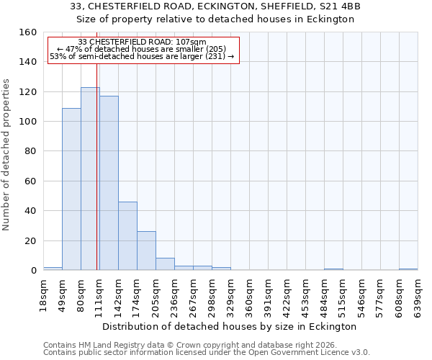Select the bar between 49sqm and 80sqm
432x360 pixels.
click(71, 189)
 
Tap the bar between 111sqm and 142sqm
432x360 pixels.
click(109, 183)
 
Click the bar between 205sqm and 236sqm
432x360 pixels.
click(165, 264)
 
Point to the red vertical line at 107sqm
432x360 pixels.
click(96, 180)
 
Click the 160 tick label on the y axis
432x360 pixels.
click(28, 32)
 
